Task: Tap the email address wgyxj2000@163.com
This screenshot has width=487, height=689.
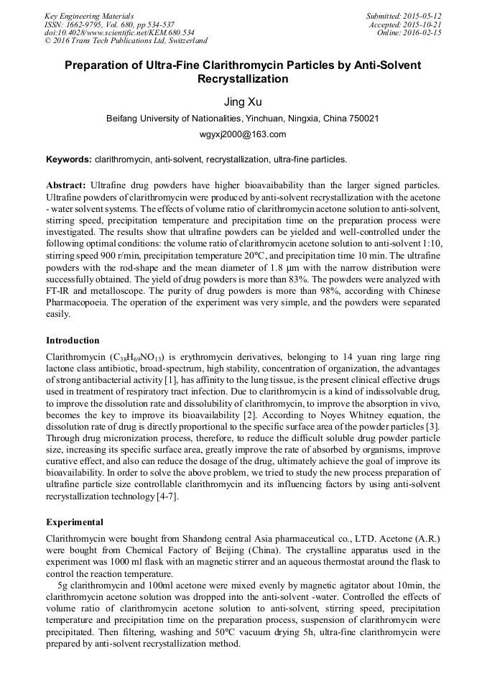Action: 243,134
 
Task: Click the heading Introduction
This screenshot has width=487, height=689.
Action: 73,341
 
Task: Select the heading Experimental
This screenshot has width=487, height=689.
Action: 75,522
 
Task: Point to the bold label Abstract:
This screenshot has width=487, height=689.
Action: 66,185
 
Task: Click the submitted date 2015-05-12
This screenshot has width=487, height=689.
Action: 423,16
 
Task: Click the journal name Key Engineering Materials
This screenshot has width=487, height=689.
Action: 89,16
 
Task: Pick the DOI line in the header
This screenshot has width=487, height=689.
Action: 119,33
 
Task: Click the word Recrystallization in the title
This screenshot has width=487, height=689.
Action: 243,79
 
